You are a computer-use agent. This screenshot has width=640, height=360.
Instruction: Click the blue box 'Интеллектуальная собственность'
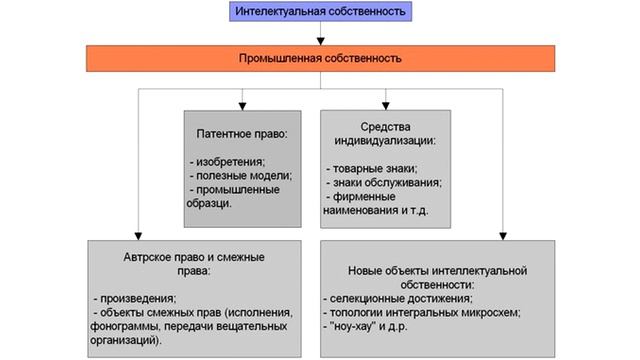coord(319,12)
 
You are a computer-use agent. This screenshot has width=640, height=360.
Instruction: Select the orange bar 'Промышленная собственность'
coord(319,59)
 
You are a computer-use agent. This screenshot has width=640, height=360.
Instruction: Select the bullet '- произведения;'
coord(134,298)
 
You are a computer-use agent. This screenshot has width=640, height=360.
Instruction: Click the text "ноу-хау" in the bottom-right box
coord(352,326)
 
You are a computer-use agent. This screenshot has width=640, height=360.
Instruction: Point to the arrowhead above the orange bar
coord(320,41)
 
